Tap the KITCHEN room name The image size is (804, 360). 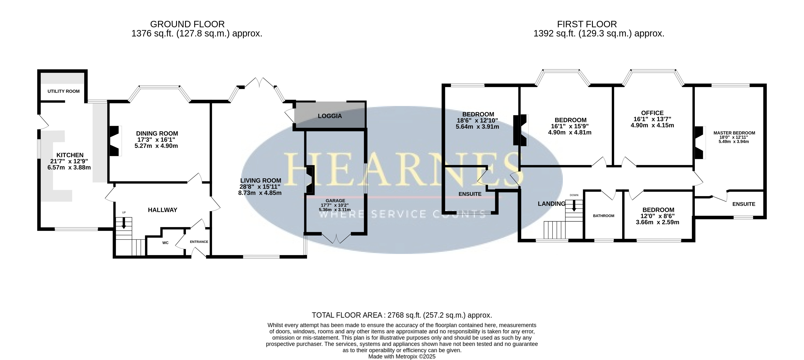coord(70,155)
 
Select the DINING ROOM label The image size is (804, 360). coord(157,133)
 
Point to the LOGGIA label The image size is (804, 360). coord(330,116)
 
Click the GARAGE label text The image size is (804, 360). coord(336,200)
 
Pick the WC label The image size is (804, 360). coord(166,243)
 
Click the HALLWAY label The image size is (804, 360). coord(163,210)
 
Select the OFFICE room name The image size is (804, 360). coord(652,113)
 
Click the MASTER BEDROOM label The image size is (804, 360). coord(734,133)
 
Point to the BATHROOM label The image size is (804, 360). coord(604,216)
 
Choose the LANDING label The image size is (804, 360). coord(552,204)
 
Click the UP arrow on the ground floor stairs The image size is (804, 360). coord(124,223)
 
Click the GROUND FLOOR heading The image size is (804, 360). coord(187,24)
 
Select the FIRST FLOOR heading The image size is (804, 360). coord(587,24)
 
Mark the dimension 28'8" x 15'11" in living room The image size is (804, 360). coord(260,186)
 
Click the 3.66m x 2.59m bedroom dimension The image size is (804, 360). coord(658,222)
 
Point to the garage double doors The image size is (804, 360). coord(336,238)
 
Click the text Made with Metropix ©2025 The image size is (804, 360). coord(402,356)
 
